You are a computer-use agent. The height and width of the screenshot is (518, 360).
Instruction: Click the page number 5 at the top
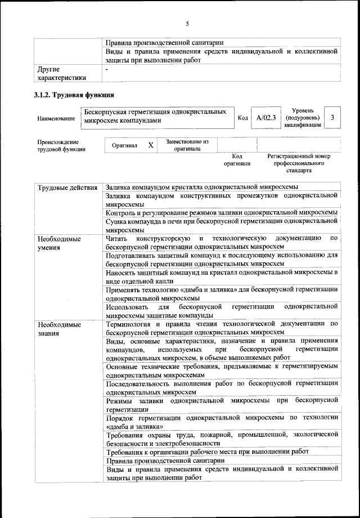point(187,23)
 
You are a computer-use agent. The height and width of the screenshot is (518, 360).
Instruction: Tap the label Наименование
point(56,119)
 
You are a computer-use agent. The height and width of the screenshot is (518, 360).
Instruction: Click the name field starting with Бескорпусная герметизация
point(156,117)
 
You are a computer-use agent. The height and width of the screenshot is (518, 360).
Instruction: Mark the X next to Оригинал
point(150,145)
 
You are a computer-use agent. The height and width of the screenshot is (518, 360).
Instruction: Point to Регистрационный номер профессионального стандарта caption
point(298,163)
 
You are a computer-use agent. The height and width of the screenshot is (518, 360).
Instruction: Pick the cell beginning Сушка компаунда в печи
point(221,226)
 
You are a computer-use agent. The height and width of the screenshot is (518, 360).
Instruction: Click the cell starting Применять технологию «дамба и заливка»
point(221,293)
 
